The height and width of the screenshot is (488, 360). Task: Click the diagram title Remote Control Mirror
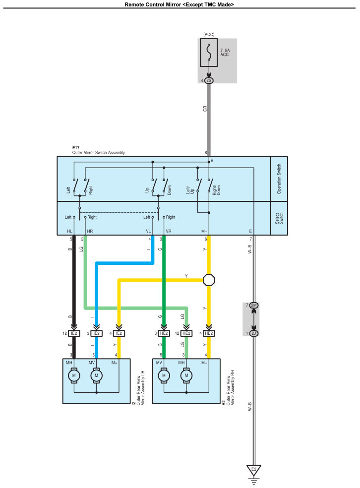point(180,4)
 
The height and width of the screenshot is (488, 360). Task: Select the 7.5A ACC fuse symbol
point(209,52)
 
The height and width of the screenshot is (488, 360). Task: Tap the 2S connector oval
point(209,80)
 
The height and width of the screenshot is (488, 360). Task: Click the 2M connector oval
point(253,305)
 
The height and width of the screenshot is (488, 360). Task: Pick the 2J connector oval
point(253,333)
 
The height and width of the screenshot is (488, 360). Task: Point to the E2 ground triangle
point(253,469)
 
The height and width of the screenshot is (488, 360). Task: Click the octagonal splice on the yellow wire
point(209,280)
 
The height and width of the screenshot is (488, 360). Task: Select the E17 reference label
point(76,148)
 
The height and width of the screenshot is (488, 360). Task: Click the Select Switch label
point(279,218)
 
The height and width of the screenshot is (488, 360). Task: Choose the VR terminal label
point(169,231)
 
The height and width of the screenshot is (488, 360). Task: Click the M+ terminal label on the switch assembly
point(203,231)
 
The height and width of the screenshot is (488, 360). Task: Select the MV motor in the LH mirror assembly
point(97,376)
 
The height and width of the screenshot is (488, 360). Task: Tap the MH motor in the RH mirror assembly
point(186,376)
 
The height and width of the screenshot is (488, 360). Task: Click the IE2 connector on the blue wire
point(96,333)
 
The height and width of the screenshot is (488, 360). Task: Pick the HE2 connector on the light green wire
point(186,333)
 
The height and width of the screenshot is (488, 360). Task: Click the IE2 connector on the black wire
point(74,333)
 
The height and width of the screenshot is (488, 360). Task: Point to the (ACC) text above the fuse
point(208,34)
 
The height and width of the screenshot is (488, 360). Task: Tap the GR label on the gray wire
point(204,108)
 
